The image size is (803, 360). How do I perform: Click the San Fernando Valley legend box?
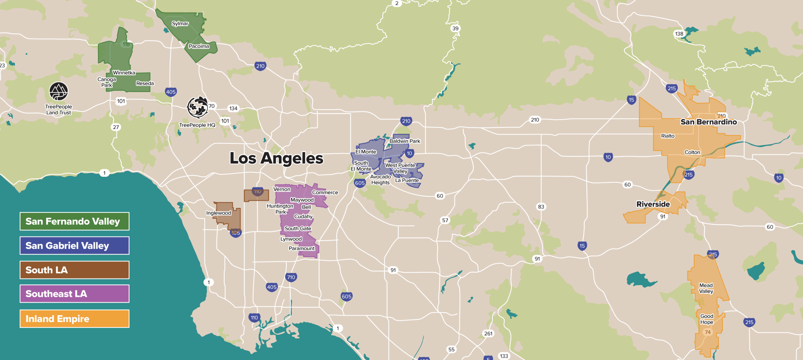point(74,221)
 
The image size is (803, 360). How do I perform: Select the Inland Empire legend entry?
point(74,319)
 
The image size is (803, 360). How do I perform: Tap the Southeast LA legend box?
point(74,294)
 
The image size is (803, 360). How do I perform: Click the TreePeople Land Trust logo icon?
point(59,91)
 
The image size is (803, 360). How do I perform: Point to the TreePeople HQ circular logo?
point(197,107)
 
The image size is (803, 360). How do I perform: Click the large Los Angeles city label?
point(276,158)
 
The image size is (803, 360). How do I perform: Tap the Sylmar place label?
point(180,24)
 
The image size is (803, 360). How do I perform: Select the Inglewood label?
point(218,213)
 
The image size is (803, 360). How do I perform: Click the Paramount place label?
point(301,248)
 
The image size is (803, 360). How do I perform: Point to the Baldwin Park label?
point(405,141)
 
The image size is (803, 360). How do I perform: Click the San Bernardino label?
point(709,122)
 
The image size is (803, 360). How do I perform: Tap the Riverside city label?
point(653,204)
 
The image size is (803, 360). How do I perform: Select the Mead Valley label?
point(706,288)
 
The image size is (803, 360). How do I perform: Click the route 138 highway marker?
point(679,34)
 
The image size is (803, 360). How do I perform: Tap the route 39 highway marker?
point(455,28)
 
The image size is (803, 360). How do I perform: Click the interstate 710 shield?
point(291,277)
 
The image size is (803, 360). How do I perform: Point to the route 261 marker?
point(488,333)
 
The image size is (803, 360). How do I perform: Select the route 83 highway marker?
point(541,207)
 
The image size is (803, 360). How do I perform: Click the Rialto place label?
point(667,136)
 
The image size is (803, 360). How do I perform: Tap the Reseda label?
point(145,83)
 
